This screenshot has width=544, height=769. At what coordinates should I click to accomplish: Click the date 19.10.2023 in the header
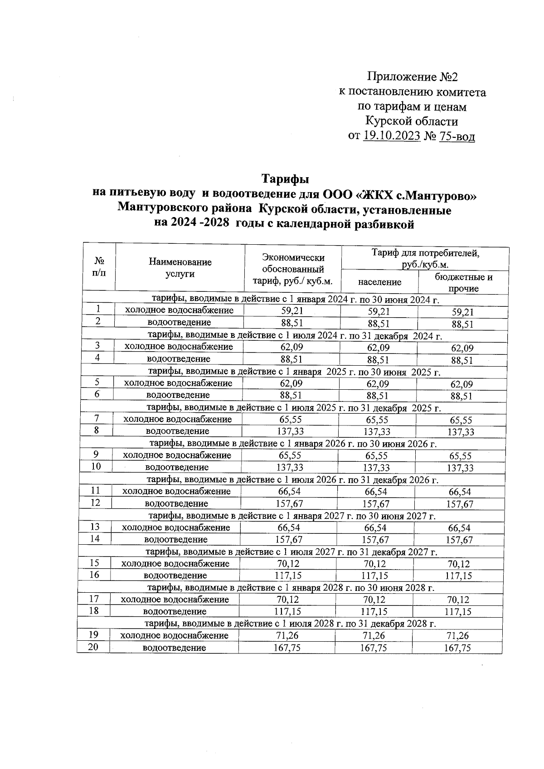click(x=392, y=135)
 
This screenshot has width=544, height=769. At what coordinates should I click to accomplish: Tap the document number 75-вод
click(x=457, y=135)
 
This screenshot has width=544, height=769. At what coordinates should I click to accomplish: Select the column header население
click(x=379, y=282)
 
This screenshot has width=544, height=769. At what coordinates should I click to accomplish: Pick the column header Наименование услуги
click(x=180, y=268)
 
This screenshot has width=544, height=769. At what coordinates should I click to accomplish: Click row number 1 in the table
click(x=98, y=309)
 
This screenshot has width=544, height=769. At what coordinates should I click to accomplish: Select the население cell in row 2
click(x=379, y=324)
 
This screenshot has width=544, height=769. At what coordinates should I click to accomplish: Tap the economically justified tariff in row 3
click(x=291, y=347)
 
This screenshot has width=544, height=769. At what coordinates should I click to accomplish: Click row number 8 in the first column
click(x=97, y=430)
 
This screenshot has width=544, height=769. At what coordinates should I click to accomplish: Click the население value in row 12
click(x=376, y=504)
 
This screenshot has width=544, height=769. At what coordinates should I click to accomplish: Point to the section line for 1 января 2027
click(x=292, y=516)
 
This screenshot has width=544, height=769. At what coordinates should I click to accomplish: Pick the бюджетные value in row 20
click(x=457, y=648)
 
